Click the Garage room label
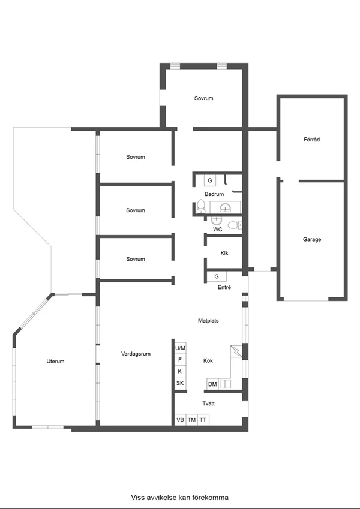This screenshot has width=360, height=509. click(x=312, y=240)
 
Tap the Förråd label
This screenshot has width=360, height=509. click(x=312, y=140)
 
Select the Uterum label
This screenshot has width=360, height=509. click(x=55, y=361)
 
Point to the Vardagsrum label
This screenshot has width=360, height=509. click(x=136, y=354)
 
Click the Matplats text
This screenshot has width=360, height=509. click(x=208, y=320)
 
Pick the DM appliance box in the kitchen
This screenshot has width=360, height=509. click(x=212, y=384)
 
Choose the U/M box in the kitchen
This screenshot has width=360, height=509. click(x=181, y=348)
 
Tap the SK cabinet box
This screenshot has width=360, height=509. click(x=181, y=383)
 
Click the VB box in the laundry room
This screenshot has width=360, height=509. click(x=181, y=420)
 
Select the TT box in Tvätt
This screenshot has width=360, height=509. click(x=203, y=420)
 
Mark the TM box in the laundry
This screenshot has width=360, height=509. click(x=191, y=420)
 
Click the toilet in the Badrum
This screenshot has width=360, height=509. click(x=201, y=206)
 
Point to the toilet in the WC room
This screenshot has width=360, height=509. click(x=235, y=225)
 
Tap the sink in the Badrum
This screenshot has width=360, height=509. click(x=225, y=207)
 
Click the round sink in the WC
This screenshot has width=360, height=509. click(x=217, y=221)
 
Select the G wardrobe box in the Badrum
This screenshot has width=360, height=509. click(x=210, y=180)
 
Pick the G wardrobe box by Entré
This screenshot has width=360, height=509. click(x=217, y=276)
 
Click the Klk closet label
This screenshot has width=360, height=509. click(x=224, y=253)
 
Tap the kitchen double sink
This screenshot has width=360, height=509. click(x=226, y=384)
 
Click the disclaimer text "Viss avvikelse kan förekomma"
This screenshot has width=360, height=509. click(x=179, y=498)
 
